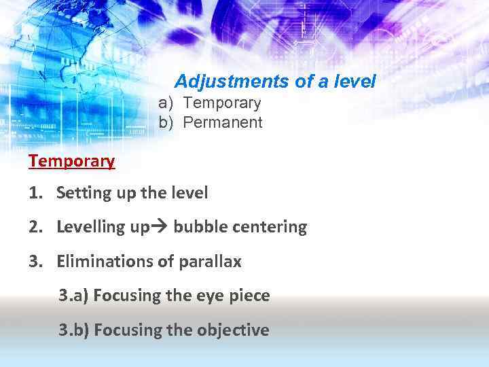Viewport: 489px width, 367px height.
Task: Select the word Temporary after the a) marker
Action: pyautogui.click(x=222, y=103)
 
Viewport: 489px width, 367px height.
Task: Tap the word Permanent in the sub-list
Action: pyautogui.click(x=223, y=123)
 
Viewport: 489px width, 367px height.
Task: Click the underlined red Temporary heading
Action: pyautogui.click(x=71, y=162)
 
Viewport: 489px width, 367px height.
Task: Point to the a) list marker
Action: pyautogui.click(x=166, y=103)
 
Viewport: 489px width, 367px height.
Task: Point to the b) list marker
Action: pyautogui.click(x=166, y=123)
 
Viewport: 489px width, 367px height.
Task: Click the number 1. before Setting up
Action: pyautogui.click(x=37, y=193)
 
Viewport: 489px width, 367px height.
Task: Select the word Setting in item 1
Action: pyautogui.click(x=79, y=194)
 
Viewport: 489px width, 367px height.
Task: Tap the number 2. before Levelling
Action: pyautogui.click(x=37, y=227)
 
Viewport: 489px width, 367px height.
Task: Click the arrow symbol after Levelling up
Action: pyautogui.click(x=161, y=227)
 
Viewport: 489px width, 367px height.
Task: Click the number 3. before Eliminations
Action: pyautogui.click(x=37, y=261)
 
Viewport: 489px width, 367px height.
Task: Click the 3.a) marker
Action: pyautogui.click(x=73, y=296)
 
